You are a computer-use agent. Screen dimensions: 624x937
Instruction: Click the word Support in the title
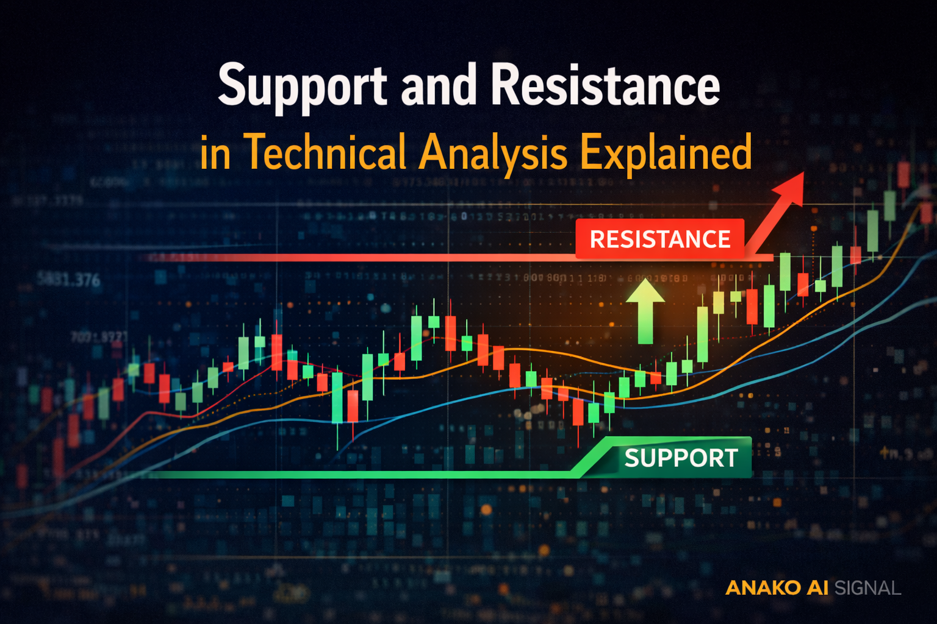click(302, 87)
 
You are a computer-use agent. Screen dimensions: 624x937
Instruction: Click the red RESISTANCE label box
click(660, 239)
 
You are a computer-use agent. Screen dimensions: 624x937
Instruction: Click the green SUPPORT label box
click(680, 458)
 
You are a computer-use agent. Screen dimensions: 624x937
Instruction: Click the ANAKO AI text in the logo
click(777, 587)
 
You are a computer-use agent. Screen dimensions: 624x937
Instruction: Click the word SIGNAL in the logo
click(867, 588)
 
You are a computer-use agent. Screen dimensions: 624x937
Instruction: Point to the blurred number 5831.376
click(68, 280)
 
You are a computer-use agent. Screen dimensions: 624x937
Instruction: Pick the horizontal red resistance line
click(366, 258)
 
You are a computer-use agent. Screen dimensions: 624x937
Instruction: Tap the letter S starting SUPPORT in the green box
click(632, 458)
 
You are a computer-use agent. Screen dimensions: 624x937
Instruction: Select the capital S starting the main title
click(232, 85)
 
